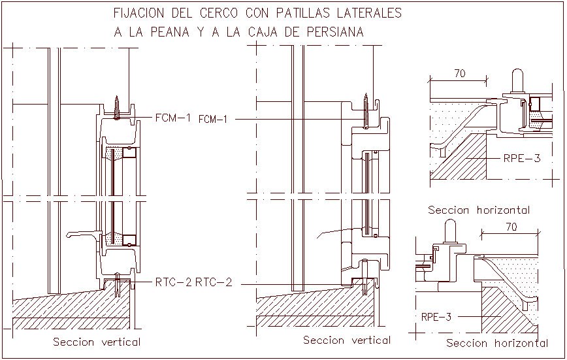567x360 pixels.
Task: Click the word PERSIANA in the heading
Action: pos(332,32)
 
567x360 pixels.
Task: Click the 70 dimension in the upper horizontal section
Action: pos(459,74)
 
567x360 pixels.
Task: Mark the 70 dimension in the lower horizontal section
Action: pos(511,227)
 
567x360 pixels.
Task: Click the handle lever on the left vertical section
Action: pos(82,233)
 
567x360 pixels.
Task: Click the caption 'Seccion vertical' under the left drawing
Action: pos(97,342)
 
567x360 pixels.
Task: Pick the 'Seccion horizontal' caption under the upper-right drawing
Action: pos(478,210)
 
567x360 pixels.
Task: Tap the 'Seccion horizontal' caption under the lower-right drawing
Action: pos(496,343)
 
